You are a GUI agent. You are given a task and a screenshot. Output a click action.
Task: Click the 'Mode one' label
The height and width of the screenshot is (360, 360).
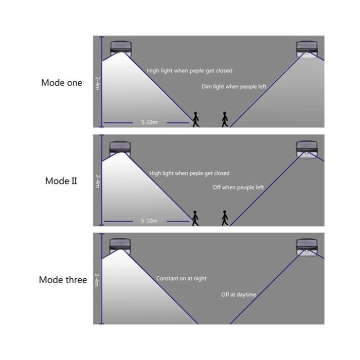(61, 83)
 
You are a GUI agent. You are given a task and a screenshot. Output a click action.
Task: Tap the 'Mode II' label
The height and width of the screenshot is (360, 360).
(61, 181)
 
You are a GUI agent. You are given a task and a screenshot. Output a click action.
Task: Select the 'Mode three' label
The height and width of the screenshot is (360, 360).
(63, 280)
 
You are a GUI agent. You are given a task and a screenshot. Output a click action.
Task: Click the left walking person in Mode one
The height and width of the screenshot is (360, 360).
(196, 119)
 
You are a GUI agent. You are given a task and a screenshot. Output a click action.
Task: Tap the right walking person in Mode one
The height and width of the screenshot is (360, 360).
(225, 119)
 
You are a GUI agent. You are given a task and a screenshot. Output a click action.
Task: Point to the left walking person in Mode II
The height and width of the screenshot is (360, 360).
(195, 218)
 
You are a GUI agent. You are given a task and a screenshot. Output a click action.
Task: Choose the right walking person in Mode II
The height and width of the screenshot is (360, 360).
(225, 218)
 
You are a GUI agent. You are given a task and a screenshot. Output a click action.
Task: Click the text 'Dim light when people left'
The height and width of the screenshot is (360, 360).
(234, 87)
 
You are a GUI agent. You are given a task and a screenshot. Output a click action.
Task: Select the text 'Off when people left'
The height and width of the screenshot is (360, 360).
(238, 187)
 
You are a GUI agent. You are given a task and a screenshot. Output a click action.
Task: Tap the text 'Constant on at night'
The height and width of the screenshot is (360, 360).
(181, 279)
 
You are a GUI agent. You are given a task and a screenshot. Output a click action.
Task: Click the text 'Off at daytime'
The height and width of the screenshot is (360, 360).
(238, 295)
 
